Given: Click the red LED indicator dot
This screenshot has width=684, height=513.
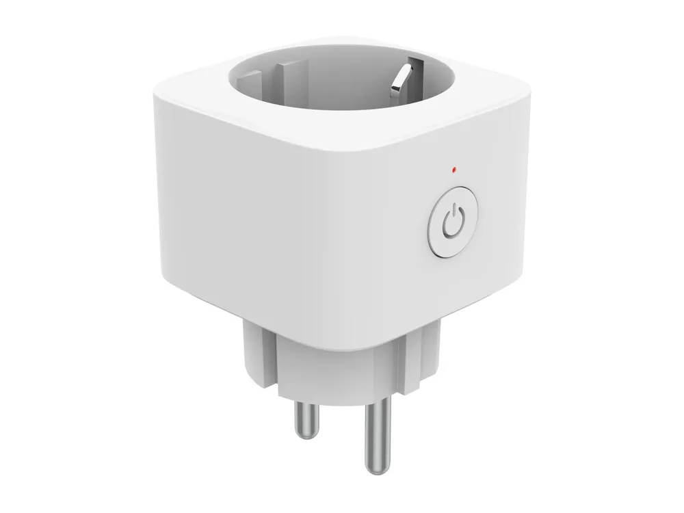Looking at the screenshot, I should (x=454, y=168).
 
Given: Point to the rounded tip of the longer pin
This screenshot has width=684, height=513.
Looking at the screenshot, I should (x=376, y=469).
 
